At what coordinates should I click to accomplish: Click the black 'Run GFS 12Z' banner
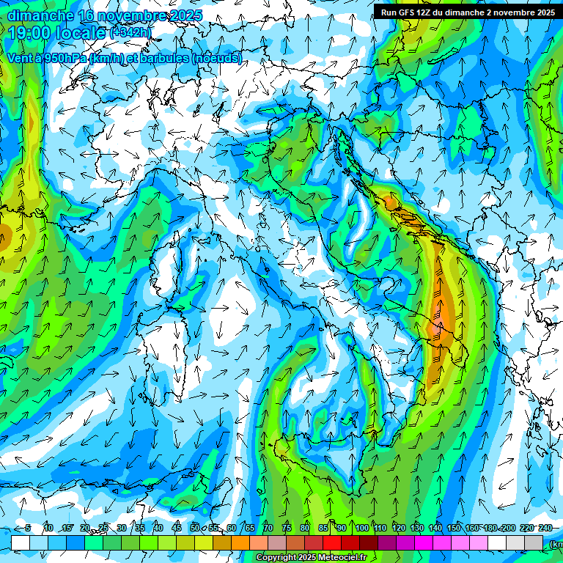[x=468, y=12]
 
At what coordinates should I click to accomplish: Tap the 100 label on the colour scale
[x=362, y=528]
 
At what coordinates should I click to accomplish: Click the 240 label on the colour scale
[x=545, y=528]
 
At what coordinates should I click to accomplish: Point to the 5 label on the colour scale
[x=28, y=528]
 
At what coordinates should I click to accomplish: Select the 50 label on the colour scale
[x=195, y=528]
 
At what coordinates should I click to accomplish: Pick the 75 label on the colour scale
[x=287, y=528]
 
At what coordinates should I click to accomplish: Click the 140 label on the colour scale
[x=435, y=528]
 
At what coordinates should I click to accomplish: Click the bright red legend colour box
[x=332, y=542]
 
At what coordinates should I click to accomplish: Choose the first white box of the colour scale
[x=21, y=542]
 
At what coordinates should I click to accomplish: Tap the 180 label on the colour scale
[x=490, y=528]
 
